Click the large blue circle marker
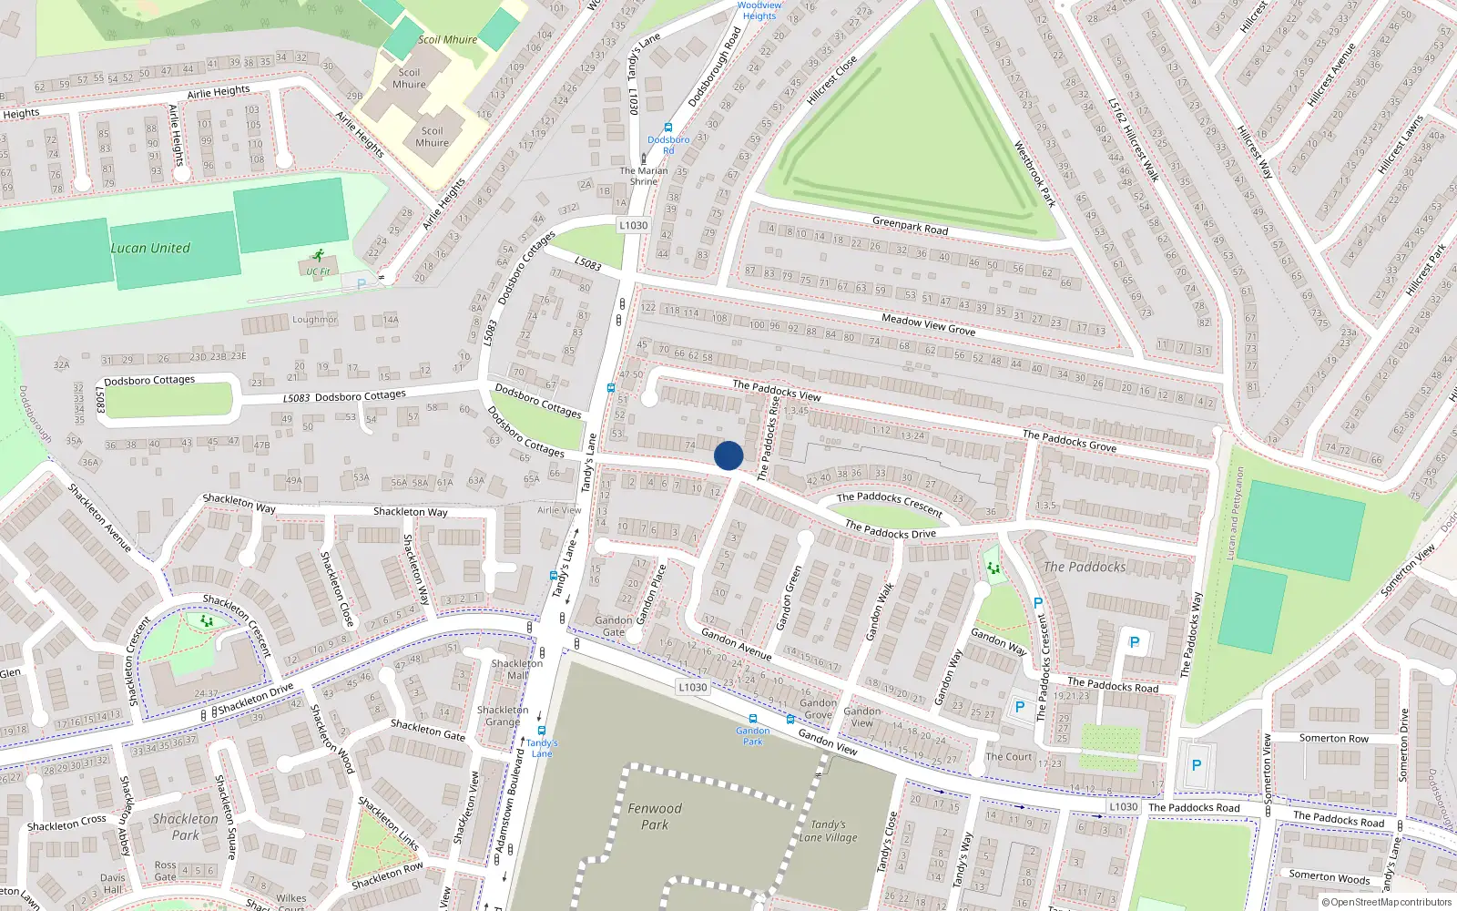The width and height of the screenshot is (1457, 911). click(728, 455)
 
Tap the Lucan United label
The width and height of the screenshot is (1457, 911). click(150, 248)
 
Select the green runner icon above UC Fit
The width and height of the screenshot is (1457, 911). click(318, 257)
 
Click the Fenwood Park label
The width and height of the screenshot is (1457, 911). click(654, 816)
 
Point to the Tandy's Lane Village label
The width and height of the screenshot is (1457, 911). click(828, 831)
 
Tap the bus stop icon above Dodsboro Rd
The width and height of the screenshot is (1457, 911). click(668, 128)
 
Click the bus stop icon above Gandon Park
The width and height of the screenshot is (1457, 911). click(752, 719)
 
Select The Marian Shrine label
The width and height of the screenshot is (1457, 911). click(644, 176)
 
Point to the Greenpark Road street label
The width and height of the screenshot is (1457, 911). click(910, 225)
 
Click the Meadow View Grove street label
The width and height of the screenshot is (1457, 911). click(928, 324)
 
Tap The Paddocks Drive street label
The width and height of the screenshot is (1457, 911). click(890, 528)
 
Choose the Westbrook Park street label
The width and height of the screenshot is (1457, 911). click(1034, 174)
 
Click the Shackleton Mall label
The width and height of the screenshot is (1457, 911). click(516, 669)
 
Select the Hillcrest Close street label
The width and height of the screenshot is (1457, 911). click(831, 80)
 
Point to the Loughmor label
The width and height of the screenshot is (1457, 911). click(314, 320)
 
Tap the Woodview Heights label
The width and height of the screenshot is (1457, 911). click(759, 10)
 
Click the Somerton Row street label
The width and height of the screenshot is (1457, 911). click(1333, 738)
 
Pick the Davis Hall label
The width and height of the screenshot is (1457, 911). click(113, 884)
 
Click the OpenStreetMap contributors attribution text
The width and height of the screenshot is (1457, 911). click(1387, 903)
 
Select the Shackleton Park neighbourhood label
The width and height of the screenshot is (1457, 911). click(186, 826)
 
